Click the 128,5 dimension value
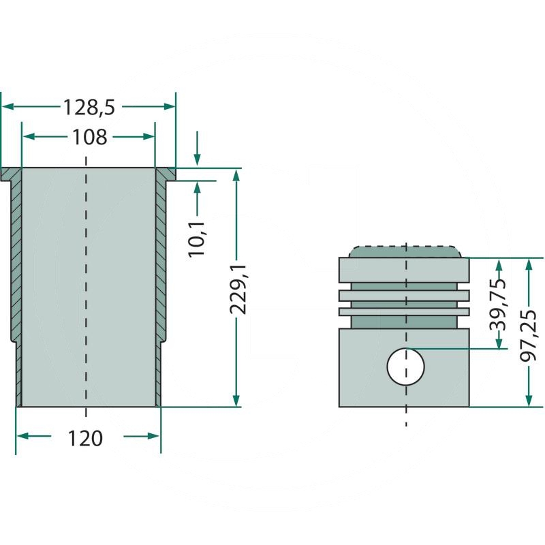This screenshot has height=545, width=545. tap(89, 108)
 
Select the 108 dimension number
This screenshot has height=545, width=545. tap(90, 138)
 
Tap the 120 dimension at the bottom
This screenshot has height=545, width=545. tap(85, 438)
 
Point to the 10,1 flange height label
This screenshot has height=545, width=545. tap(197, 239)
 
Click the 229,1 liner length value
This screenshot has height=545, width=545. tap(238, 289)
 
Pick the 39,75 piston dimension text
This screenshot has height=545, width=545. tap(498, 305)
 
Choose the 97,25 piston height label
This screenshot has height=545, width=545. tap(529, 336)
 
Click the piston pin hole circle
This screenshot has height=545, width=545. tap(405, 367)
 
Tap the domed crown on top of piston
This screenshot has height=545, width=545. tap(405, 252)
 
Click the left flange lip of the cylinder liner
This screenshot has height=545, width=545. tap(11, 174)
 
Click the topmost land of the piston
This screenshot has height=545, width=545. tap(404, 270)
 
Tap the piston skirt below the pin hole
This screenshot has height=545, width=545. tap(404, 396)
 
